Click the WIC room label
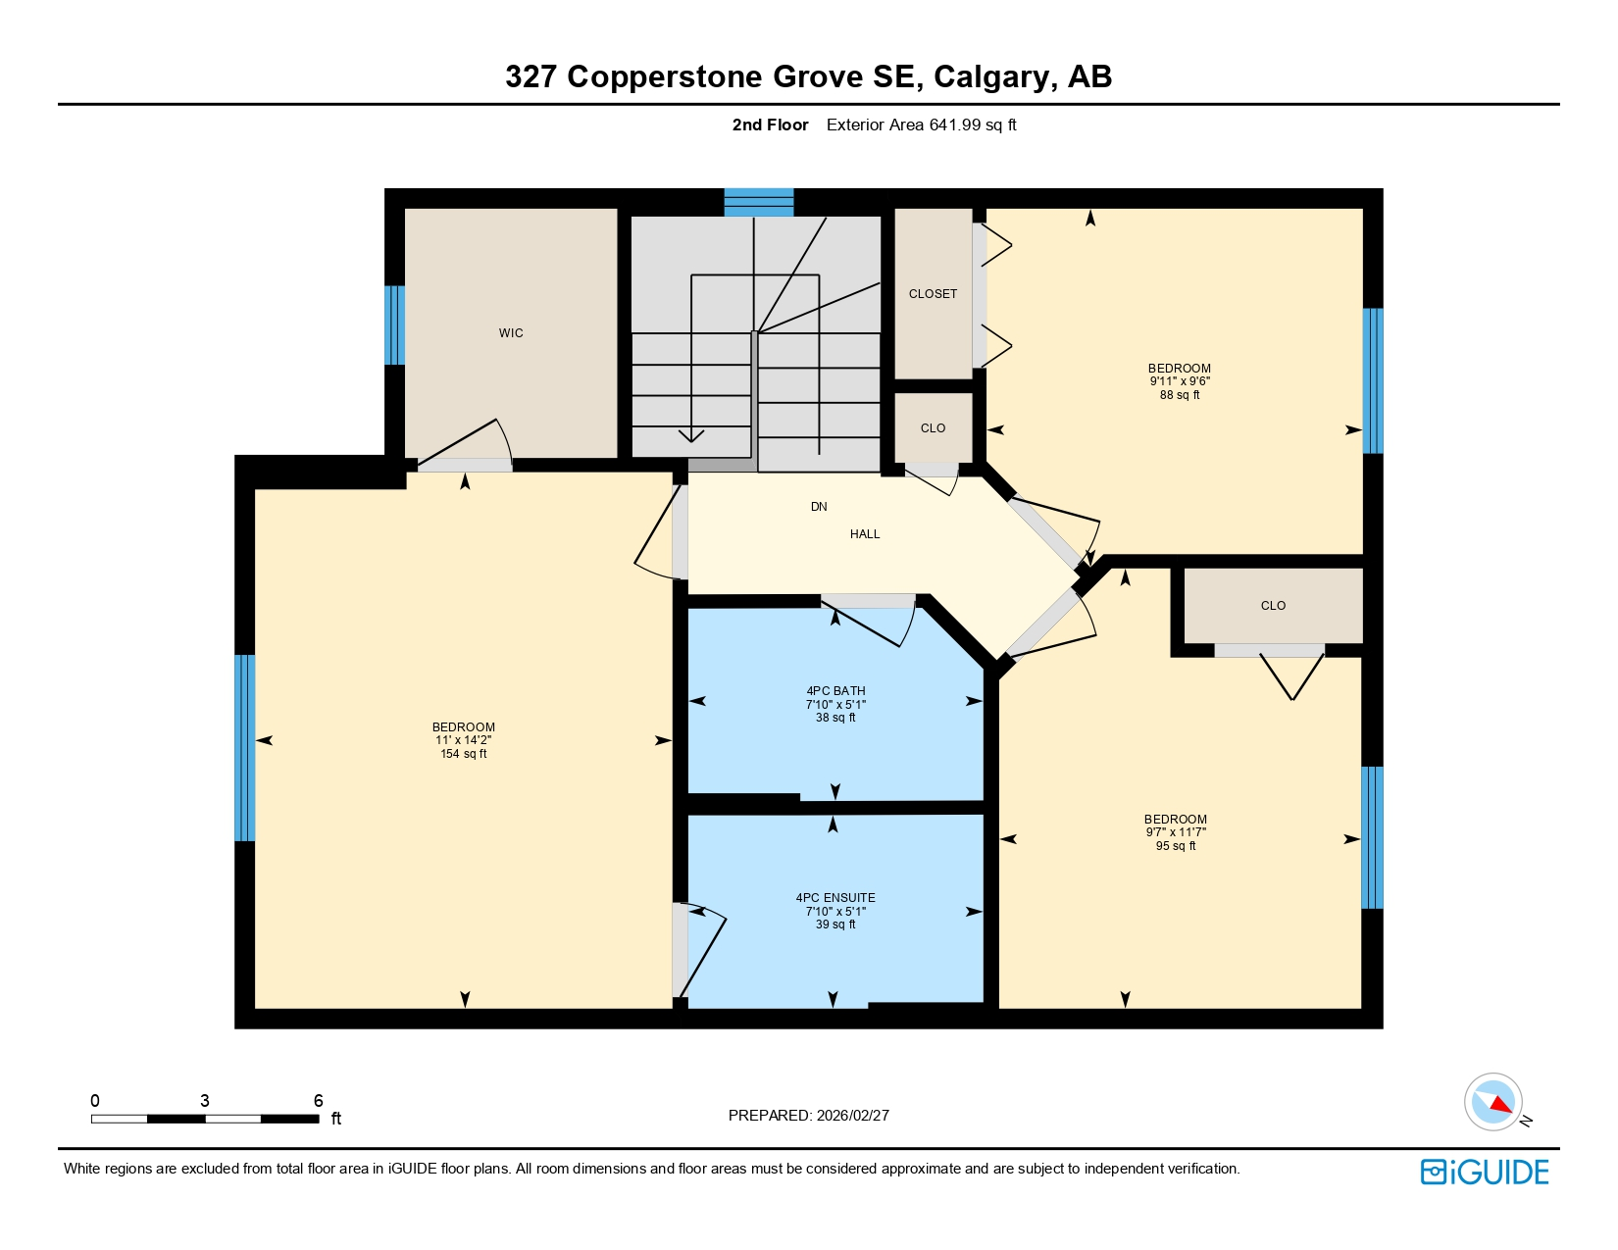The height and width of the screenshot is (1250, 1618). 511,333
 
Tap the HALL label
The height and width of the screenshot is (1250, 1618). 865,534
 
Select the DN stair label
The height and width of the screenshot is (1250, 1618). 819,507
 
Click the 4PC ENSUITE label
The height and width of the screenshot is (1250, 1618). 835,898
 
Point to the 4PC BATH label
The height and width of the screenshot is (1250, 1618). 835,691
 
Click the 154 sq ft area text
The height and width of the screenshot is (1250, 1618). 464,754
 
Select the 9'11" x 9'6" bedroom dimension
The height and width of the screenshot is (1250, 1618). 1180,381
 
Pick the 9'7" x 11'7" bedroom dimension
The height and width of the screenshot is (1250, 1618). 1175,832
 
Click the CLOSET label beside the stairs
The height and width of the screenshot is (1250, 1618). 933,294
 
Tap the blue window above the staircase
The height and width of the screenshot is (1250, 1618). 758,202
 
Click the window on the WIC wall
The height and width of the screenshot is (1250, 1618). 394,325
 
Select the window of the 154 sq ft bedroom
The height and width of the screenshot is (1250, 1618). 244,748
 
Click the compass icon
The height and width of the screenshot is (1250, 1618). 1493,1102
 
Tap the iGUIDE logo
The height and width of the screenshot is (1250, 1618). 1485,1172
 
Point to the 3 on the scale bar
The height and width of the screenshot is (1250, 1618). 204,1101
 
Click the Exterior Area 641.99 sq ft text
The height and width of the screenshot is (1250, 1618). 921,125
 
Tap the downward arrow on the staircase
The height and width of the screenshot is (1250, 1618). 691,433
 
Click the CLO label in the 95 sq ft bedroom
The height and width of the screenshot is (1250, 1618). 1273,606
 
